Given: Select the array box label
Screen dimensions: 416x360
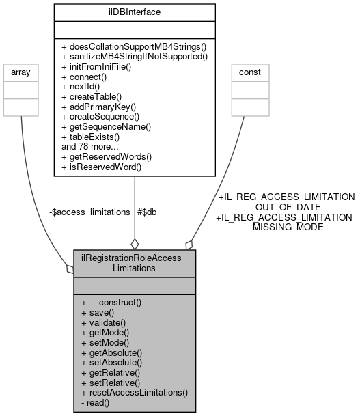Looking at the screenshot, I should (x=21, y=70).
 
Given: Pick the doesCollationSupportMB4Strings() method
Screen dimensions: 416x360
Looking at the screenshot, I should (x=133, y=50).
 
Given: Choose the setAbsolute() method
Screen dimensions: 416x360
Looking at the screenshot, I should (x=111, y=364).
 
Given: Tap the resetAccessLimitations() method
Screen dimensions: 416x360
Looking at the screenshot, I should (x=134, y=393).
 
